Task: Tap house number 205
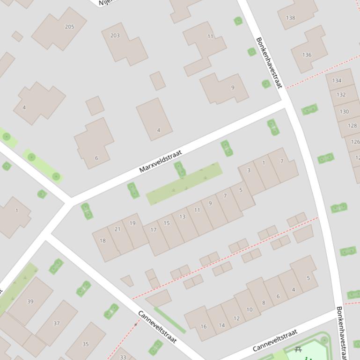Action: (69, 27)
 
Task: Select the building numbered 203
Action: (115, 36)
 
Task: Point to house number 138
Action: (290, 18)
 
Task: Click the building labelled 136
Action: (307, 55)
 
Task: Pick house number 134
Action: (337, 80)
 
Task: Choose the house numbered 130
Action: (344, 111)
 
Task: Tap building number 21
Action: (118, 229)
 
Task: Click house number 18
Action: (103, 241)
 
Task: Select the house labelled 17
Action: (153, 230)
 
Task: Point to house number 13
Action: (182, 216)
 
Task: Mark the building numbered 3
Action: (249, 170)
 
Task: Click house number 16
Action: (203, 326)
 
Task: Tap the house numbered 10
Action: (249, 310)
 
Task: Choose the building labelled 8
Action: (264, 302)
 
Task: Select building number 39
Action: (30, 302)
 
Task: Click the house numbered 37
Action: (56, 323)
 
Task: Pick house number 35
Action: (85, 344)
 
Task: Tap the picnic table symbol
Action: (298, 349)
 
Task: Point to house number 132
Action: (341, 94)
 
